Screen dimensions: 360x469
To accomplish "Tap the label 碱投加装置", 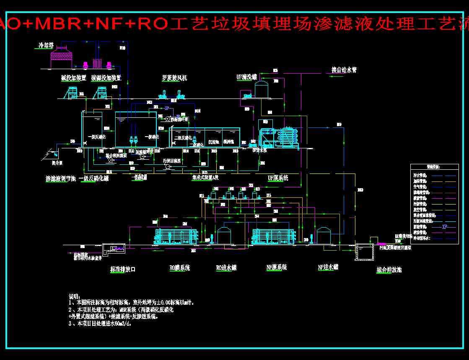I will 73,78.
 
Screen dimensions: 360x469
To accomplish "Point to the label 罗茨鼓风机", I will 174,78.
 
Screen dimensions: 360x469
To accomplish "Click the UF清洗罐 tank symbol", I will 262,89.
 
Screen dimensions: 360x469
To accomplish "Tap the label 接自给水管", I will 344,70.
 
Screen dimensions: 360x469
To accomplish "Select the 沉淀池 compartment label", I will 214,142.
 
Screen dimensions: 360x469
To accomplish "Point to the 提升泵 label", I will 57,162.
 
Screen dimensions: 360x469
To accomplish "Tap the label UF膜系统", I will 278,178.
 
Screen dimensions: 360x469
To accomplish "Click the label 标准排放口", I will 122,269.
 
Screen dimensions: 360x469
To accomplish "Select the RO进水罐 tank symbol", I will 225,236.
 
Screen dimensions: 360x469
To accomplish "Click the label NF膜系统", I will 276,267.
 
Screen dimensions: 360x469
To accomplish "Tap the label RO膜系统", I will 179,268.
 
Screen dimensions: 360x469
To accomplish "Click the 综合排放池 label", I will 389,270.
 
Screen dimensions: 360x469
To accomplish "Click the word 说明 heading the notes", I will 74,296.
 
